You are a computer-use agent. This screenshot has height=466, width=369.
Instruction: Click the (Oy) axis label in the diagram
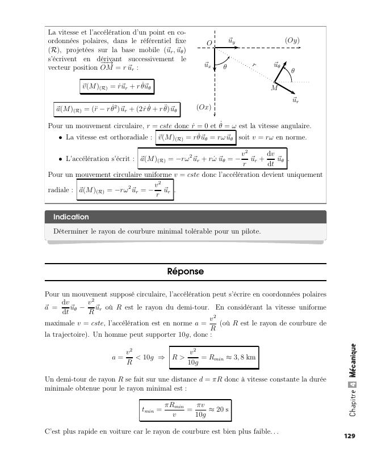[x=292, y=41]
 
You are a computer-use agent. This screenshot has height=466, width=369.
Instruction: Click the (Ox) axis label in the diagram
[x=204, y=107]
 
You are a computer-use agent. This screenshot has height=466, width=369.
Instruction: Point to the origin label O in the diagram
[x=209, y=43]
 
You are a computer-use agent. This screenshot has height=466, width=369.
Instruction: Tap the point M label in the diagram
[x=274, y=88]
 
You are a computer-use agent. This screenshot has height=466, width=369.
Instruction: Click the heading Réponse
[x=185, y=272]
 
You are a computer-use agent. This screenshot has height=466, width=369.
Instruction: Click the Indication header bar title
[x=71, y=217]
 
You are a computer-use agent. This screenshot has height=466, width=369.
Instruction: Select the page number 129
[x=349, y=436]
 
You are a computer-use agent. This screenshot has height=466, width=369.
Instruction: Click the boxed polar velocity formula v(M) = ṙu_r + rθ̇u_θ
[x=117, y=87]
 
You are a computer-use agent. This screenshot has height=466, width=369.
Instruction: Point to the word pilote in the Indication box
[x=250, y=231]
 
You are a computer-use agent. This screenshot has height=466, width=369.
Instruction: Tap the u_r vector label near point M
[x=295, y=100]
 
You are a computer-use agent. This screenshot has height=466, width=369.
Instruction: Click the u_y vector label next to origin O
[x=232, y=41]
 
